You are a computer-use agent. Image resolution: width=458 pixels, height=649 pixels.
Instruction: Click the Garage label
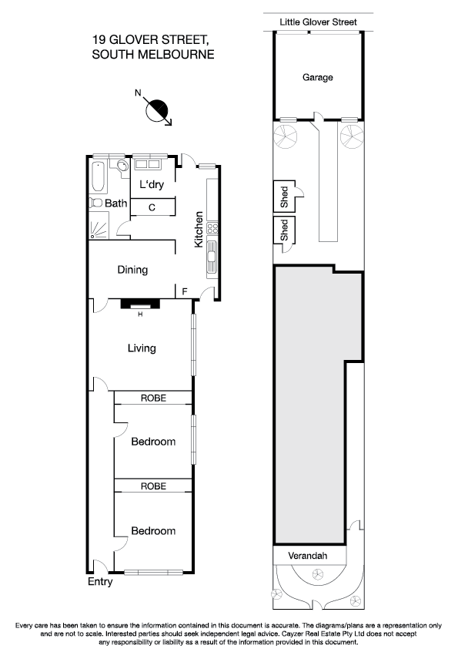point(317,77)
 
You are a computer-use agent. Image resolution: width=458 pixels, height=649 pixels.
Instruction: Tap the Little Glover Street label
point(317,23)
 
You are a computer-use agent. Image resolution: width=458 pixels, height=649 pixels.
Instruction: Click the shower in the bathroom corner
point(99,229)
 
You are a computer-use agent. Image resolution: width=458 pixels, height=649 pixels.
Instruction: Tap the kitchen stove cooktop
point(212,228)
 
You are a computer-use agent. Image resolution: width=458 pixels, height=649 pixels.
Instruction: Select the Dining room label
point(132,270)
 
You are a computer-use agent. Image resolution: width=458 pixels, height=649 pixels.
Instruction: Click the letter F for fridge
point(184,291)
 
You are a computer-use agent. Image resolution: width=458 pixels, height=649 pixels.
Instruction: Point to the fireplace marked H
point(140,304)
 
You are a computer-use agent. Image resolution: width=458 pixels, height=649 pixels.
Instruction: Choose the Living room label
point(142,348)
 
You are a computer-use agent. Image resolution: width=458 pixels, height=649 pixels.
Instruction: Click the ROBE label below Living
point(153,398)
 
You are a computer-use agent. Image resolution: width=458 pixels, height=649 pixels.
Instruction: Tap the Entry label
point(100,582)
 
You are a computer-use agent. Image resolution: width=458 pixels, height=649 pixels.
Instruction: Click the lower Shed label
point(283,231)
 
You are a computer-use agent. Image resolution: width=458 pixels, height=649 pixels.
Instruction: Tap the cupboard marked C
point(152,207)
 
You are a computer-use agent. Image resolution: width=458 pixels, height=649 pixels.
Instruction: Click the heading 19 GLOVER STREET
point(151,39)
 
